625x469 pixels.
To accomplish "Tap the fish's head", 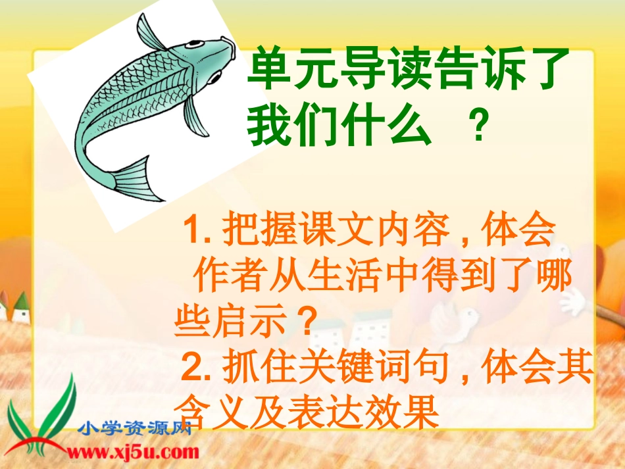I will point(211,56).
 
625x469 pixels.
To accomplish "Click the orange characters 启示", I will point(257,324).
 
